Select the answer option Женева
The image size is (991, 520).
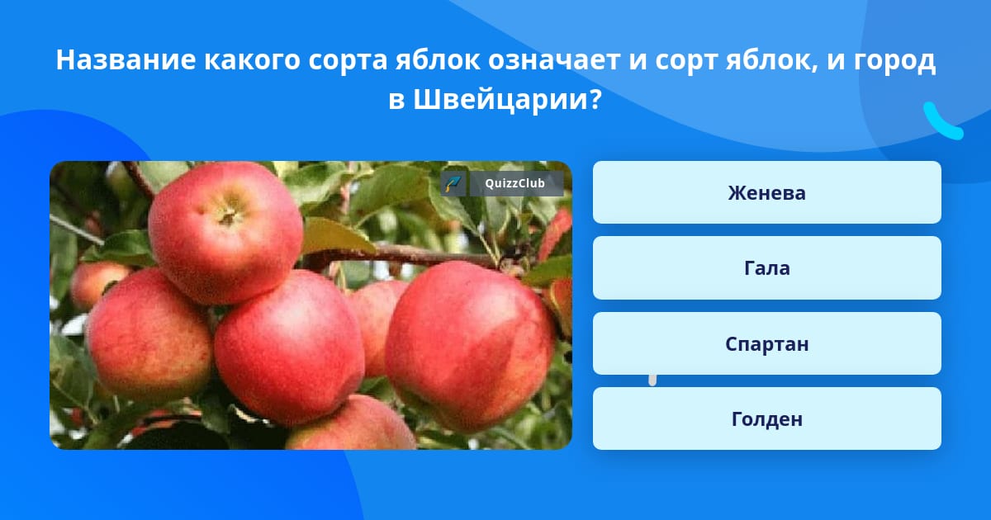(x=766, y=192)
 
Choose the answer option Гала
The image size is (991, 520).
(x=766, y=268)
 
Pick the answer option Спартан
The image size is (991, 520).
(x=766, y=343)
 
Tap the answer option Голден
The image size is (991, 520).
(x=766, y=418)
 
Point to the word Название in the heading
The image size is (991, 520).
(x=126, y=59)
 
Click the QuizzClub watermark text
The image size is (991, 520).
(x=514, y=183)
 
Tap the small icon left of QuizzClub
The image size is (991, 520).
(x=453, y=183)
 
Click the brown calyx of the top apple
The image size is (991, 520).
(x=228, y=215)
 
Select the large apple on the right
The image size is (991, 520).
(x=470, y=345)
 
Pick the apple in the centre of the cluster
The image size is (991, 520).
(x=290, y=347)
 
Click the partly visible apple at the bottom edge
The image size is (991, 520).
(x=352, y=423)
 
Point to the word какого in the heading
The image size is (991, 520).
(x=252, y=60)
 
